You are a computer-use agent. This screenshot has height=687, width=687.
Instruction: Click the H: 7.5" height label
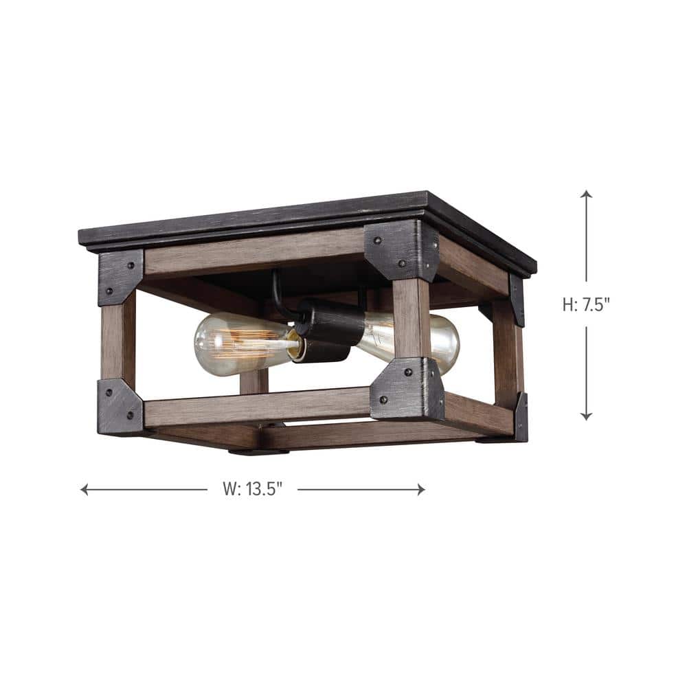point(586,304)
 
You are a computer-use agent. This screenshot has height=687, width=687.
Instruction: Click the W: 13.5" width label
point(252,489)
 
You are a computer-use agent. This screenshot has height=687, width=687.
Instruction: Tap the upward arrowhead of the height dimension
point(586,194)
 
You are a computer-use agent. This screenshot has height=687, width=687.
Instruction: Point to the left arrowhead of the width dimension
point(85,489)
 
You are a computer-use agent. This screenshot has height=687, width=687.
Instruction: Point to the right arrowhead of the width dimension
point(420,489)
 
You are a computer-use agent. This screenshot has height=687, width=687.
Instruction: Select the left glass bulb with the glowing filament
point(237,337)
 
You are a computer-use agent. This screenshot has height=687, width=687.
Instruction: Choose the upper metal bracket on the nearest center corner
point(400,249)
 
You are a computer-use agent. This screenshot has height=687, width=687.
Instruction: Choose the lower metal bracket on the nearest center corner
point(407,389)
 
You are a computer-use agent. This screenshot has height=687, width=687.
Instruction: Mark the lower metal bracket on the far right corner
point(521,416)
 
